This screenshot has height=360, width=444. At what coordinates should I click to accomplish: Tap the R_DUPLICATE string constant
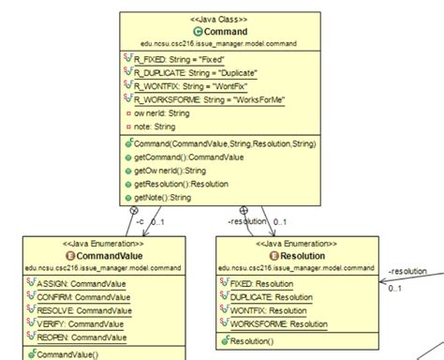194,70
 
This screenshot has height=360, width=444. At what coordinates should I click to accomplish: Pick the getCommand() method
182,158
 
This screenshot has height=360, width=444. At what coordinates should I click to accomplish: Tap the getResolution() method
182,185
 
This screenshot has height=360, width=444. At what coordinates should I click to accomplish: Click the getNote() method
169,198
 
